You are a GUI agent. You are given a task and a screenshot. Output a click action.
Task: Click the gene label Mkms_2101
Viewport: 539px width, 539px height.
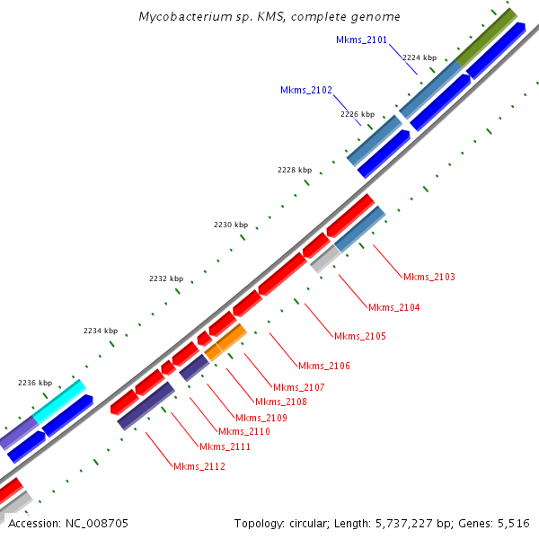coord(361,40)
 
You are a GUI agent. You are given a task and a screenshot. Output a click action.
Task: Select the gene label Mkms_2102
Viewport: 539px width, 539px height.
coord(306,90)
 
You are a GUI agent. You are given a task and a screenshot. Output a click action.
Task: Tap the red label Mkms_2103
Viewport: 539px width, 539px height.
coord(429,277)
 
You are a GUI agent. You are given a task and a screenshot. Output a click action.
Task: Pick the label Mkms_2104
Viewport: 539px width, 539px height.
coord(393,307)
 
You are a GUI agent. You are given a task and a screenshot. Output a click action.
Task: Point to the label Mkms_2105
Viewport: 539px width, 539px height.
coord(359,336)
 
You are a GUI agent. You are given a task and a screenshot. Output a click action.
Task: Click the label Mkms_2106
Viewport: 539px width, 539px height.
coord(324,366)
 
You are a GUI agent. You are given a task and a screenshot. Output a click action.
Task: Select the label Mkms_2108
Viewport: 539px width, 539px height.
coord(281,402)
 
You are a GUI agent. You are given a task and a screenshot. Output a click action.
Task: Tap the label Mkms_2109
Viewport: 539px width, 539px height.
coord(261,418)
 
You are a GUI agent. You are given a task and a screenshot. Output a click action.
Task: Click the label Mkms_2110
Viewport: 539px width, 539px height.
coord(244,431)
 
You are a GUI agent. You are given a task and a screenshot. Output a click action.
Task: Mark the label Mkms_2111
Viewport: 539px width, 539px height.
coord(225,446)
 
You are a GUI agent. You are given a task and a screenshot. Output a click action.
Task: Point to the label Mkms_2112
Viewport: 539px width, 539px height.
coord(199,466)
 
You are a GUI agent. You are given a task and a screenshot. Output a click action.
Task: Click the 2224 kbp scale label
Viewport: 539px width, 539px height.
coord(418,57)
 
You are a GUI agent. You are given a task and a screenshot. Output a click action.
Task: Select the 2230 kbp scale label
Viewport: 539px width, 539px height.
coord(230,225)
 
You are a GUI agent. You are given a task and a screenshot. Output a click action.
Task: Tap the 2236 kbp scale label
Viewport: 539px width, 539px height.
coord(34,383)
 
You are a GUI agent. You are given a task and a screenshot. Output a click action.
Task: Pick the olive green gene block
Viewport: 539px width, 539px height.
coord(486,37)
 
